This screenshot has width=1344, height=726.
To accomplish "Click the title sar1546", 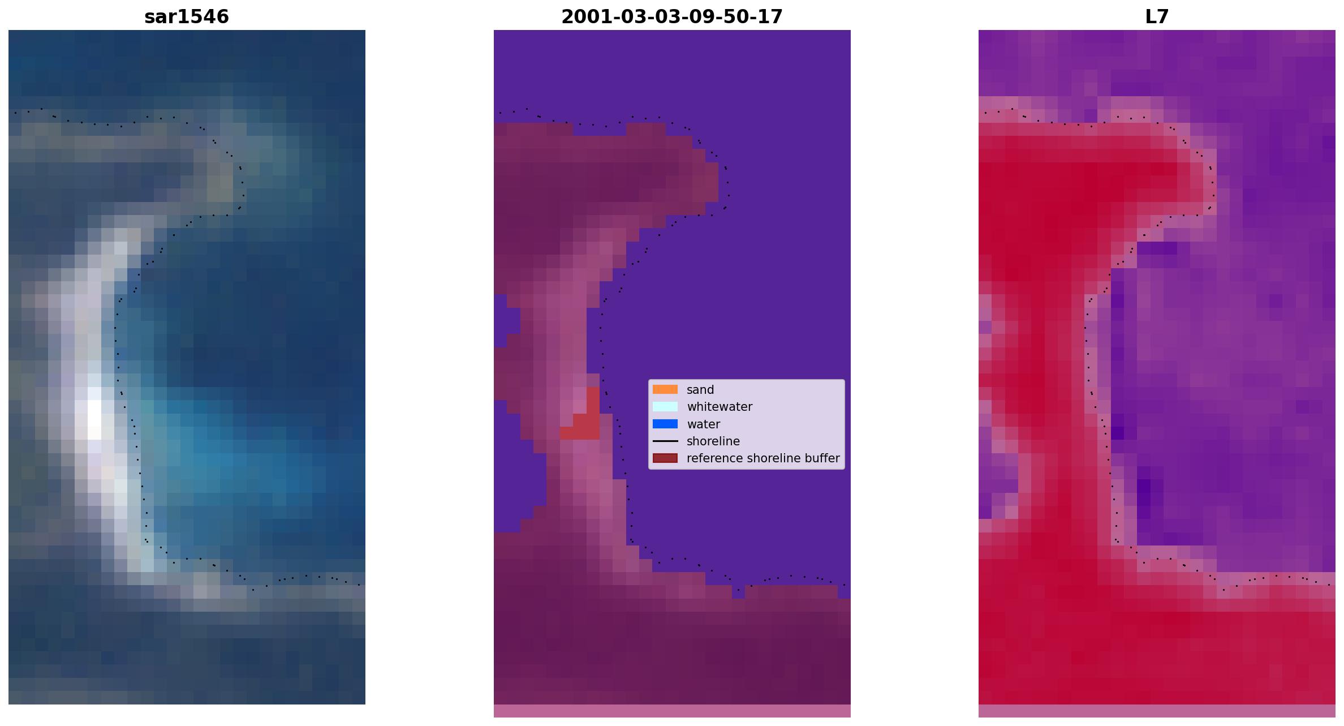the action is (x=187, y=17).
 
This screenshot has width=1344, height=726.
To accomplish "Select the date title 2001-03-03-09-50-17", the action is (x=672, y=17).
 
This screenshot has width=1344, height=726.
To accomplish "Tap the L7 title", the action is (x=1157, y=17).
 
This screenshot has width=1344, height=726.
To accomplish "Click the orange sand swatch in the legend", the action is (x=665, y=389).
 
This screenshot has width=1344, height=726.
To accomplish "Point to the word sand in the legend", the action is (x=700, y=390).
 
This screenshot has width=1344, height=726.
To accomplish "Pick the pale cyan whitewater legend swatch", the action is (x=665, y=406).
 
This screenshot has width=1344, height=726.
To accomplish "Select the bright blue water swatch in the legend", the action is (x=665, y=424).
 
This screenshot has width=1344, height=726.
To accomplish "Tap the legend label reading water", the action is (x=703, y=424).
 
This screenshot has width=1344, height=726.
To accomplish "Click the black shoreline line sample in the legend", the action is (x=665, y=441).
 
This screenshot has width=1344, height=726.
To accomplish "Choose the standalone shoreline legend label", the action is (x=713, y=441).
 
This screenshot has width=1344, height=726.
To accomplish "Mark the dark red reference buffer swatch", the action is (x=665, y=458).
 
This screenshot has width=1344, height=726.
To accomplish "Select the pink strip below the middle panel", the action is (x=672, y=711).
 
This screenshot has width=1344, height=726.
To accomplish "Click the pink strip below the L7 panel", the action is (x=1157, y=711).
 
